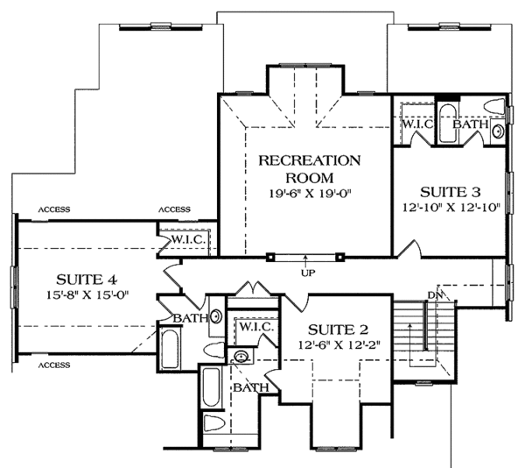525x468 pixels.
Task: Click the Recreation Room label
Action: coord(310,169)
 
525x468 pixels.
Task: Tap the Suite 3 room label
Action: coord(451,193)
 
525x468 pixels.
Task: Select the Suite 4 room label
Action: coord(87,280)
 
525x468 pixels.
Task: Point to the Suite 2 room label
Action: coord(338,330)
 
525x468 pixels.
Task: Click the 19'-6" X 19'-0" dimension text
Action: coord(310,194)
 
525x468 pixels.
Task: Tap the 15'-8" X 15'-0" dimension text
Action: coord(87,295)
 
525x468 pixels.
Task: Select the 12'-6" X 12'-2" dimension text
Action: coord(339,345)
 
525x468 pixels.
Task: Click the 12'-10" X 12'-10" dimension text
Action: coord(451,208)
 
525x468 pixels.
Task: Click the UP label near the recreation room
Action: coord(308,273)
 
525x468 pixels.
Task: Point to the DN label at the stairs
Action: coord(435,295)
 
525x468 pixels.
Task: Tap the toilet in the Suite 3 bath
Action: coord(494,106)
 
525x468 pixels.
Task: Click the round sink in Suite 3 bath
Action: coord(498,131)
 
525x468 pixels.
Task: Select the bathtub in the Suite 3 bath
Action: coord(447,124)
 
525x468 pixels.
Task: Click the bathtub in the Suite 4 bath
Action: coord(170,349)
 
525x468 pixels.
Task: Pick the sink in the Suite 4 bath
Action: coord(216,316)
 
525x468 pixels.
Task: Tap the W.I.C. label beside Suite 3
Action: coord(418,124)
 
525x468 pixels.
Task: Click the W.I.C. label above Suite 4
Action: coord(188,239)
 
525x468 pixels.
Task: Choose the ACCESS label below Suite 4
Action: coord(54,365)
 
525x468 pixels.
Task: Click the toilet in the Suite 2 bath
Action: coord(213,422)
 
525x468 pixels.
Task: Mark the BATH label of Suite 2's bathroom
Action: coord(251,388)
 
